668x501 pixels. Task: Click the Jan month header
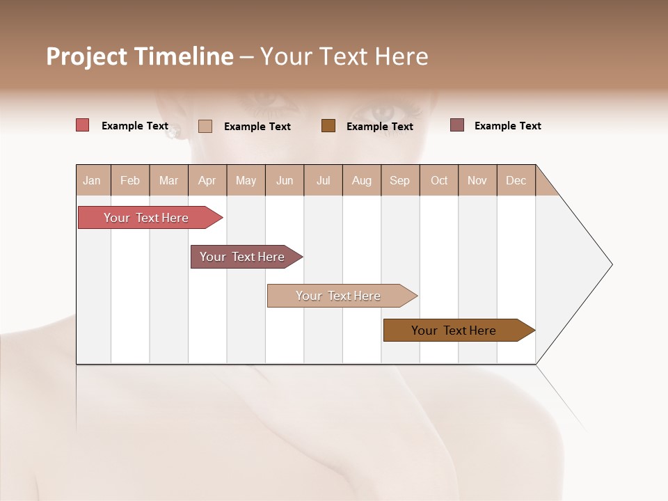pos(92,180)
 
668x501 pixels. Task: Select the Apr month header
pos(207,180)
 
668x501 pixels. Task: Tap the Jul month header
pos(323,180)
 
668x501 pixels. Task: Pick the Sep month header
pos(399,180)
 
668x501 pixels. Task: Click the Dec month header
pos(516,180)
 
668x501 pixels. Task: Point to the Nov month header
pos(477,180)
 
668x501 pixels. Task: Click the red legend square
pos(82,125)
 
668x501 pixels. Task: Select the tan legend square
pos(205,126)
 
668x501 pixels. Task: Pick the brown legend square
pos(328,125)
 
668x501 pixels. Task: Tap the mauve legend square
pos(456,125)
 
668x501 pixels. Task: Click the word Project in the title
pos(86,56)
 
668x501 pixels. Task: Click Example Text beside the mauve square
pos(507,126)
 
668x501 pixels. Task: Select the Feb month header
pos(129,180)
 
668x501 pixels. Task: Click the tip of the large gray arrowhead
pos(611,264)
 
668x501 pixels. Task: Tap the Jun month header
pos(284,180)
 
